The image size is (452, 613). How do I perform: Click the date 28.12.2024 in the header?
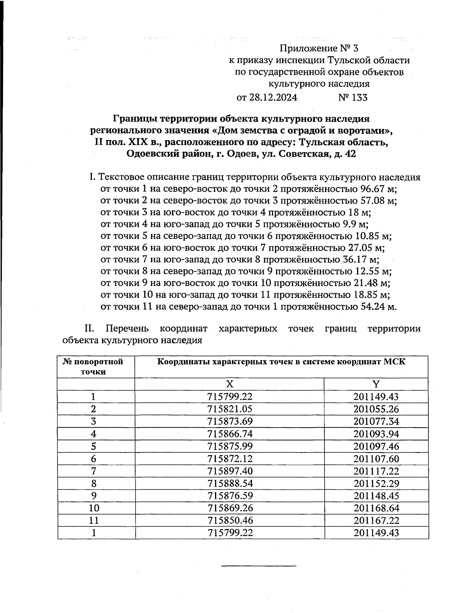pyautogui.click(x=273, y=98)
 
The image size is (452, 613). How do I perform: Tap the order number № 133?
pyautogui.click(x=353, y=98)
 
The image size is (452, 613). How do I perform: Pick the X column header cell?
pyautogui.click(x=229, y=384)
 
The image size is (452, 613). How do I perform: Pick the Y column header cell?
pyautogui.click(x=376, y=384)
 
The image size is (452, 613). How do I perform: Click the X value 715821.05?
pyautogui.click(x=229, y=409)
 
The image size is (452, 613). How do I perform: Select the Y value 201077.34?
pyautogui.click(x=376, y=422)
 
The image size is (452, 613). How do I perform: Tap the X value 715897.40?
pyautogui.click(x=229, y=471)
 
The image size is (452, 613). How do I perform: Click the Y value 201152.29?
pyautogui.click(x=376, y=483)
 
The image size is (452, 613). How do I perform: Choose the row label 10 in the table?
pyautogui.click(x=94, y=508)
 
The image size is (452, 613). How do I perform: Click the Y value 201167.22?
pyautogui.click(x=376, y=521)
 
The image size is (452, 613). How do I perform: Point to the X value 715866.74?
pyautogui.click(x=229, y=434)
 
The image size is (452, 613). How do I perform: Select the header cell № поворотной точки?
pyautogui.click(x=93, y=367)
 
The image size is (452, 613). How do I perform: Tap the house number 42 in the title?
pyautogui.click(x=350, y=154)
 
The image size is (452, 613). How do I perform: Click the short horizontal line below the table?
pyautogui.click(x=259, y=566)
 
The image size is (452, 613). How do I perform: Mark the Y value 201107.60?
pyautogui.click(x=376, y=459)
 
